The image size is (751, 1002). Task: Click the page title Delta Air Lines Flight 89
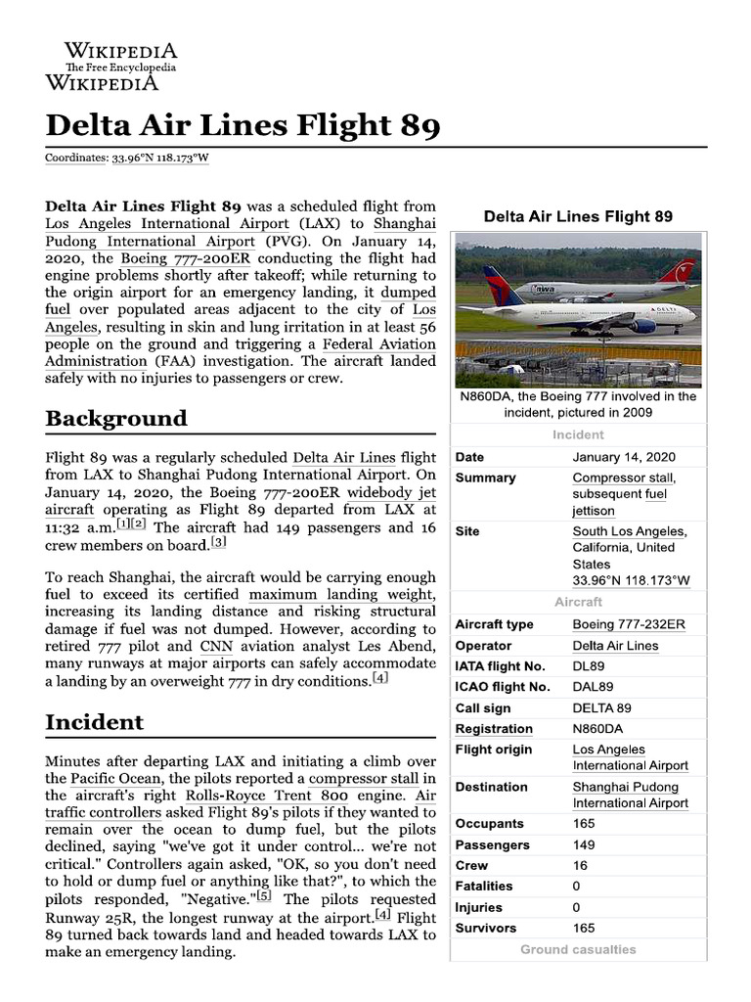[x=243, y=125]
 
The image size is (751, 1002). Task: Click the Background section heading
[x=116, y=418]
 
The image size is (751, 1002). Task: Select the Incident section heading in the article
[x=94, y=722]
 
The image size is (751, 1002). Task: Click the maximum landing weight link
[x=340, y=595]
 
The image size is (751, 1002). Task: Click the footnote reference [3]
[x=219, y=543]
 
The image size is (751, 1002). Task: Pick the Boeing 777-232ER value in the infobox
[x=629, y=624]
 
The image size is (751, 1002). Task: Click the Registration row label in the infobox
[x=494, y=729]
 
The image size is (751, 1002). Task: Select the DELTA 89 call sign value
[x=601, y=707]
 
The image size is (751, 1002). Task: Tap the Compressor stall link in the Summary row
[x=624, y=478]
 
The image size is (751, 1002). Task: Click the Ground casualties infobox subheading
[x=578, y=949]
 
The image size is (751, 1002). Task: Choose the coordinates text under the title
[x=127, y=158]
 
